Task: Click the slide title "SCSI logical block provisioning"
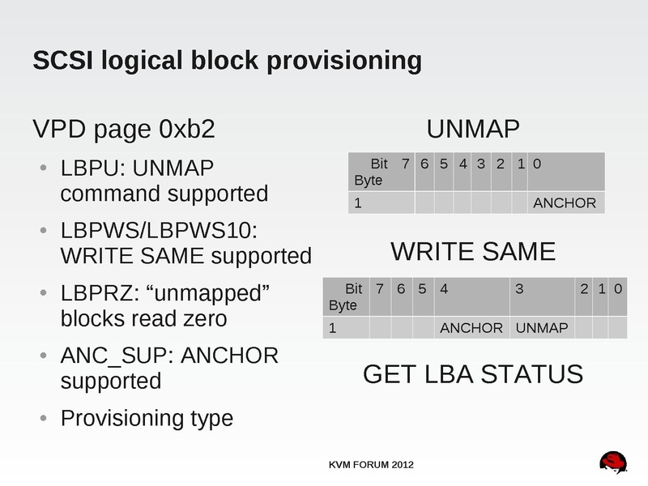coord(226,61)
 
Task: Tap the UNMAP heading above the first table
coord(473,130)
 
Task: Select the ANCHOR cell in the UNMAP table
coord(565,202)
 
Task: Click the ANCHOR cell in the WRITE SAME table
coord(471,327)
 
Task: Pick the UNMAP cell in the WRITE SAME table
coord(541,327)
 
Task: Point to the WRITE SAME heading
coord(473,252)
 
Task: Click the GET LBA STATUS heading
coord(473,374)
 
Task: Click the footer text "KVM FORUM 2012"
coord(372,464)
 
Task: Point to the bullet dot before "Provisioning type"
coord(43,419)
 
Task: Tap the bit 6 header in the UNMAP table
coord(424,164)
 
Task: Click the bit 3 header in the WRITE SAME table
coord(520,288)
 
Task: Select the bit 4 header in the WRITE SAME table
coord(445,288)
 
